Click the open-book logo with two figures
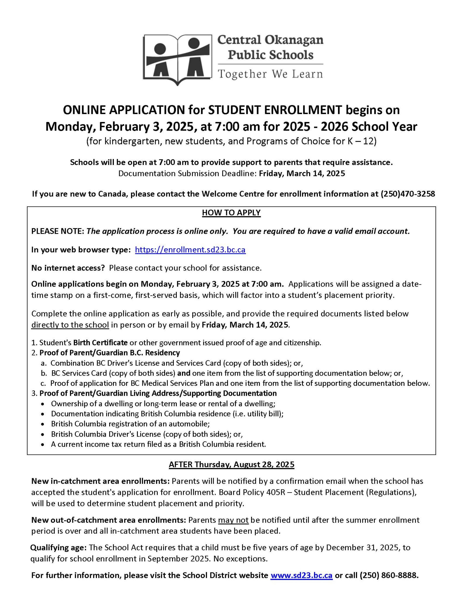pos(177,59)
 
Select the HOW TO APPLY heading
pos(231,213)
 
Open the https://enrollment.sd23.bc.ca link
pos(190,250)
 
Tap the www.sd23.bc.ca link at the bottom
pos(301,576)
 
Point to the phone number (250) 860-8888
pos(388,576)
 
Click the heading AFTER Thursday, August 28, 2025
pos(231,465)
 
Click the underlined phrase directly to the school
pos(70,325)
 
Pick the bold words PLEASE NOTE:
pos(58,231)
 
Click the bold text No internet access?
pos(68,268)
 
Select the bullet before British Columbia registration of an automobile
pos(43,424)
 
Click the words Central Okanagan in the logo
pos(270,40)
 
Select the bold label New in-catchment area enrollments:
pos(100,481)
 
